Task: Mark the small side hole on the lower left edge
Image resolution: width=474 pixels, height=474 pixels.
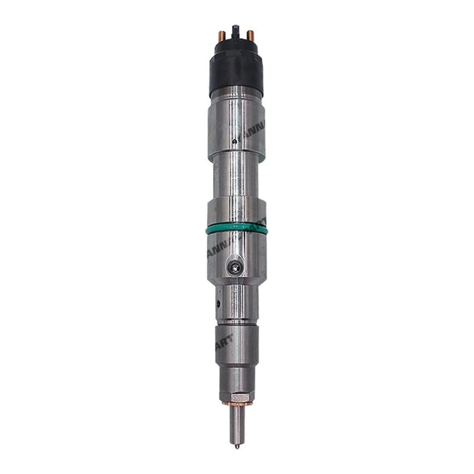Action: point(218,302)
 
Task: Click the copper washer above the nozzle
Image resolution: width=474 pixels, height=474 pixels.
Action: point(236,403)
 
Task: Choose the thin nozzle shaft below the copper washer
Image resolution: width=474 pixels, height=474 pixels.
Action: point(236,424)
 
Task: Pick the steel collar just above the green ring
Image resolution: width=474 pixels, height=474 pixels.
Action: point(236,216)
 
